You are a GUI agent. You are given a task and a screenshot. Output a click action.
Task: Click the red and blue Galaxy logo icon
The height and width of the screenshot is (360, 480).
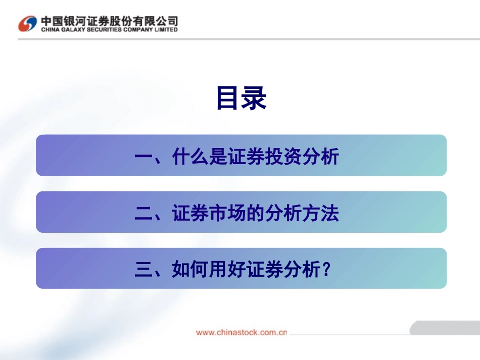[27, 23]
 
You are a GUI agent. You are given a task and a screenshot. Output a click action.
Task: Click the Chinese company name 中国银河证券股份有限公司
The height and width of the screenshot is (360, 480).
[109, 21]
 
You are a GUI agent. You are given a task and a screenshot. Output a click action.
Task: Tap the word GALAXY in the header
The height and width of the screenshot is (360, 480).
[71, 30]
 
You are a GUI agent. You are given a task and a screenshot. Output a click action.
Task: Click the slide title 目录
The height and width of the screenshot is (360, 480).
[241, 98]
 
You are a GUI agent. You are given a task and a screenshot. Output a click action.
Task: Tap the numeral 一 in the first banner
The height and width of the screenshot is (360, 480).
[144, 158]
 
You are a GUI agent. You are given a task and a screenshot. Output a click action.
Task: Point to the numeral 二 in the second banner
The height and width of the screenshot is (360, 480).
[144, 214]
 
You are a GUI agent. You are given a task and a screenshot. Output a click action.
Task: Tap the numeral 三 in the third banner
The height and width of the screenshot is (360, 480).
[144, 271]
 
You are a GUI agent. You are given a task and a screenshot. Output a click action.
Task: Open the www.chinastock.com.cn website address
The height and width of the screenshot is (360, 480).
[242, 332]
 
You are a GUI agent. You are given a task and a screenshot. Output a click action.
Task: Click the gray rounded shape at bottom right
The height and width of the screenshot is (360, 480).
[444, 328]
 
